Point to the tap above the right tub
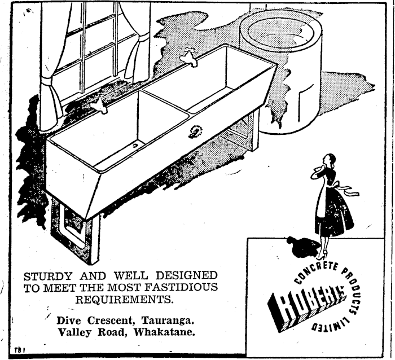pos(190,57)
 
